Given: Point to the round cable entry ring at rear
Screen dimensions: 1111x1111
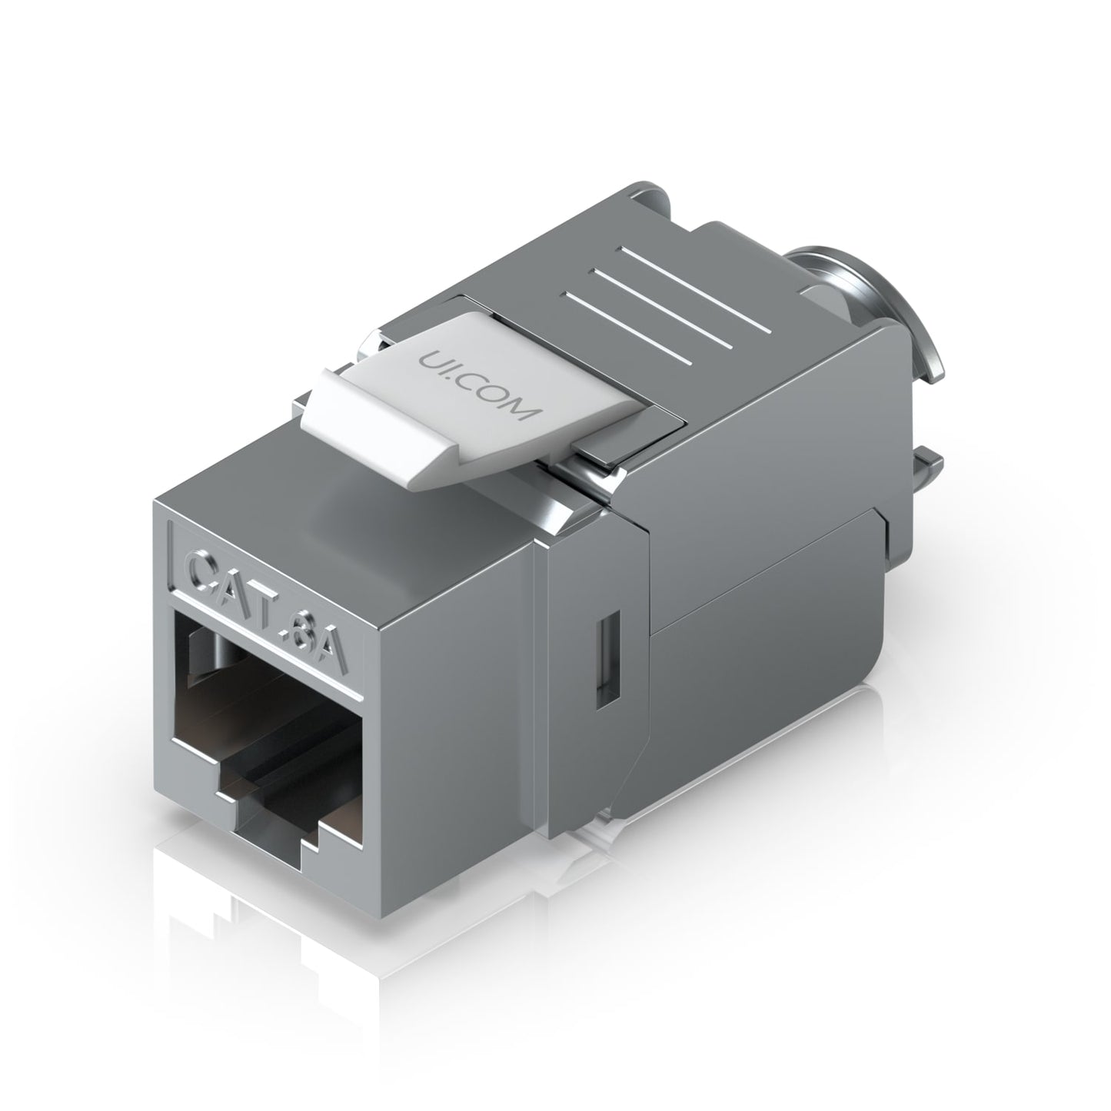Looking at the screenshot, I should pos(884,311).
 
